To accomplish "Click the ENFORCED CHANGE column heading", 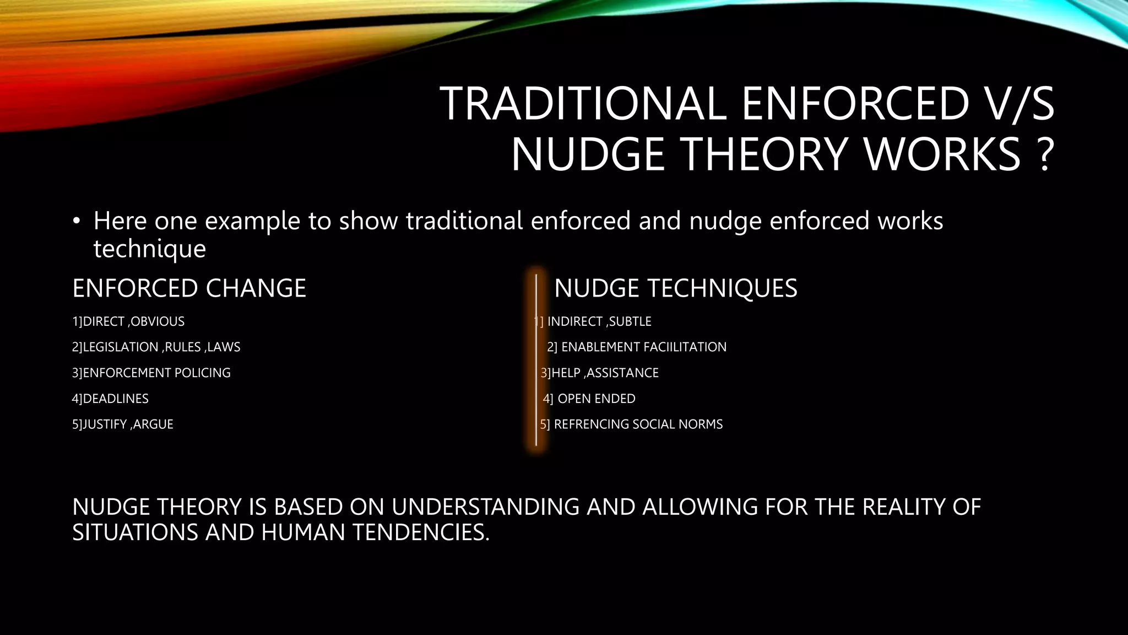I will [x=189, y=288].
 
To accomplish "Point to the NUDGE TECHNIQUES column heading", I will [x=675, y=288].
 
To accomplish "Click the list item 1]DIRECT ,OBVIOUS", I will [x=128, y=321].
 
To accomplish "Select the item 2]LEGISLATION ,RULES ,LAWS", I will [x=156, y=347].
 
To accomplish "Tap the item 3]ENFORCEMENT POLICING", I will [x=151, y=373].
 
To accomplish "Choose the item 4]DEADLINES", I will [x=110, y=399].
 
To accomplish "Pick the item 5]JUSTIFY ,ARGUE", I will [x=122, y=424].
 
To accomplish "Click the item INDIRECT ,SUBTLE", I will [x=599, y=321].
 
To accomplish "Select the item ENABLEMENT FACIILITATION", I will [x=643, y=347].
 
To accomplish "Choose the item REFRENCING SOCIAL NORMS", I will [x=638, y=424].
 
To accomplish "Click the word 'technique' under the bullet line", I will [x=149, y=249].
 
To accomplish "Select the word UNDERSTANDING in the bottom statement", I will [x=485, y=507].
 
